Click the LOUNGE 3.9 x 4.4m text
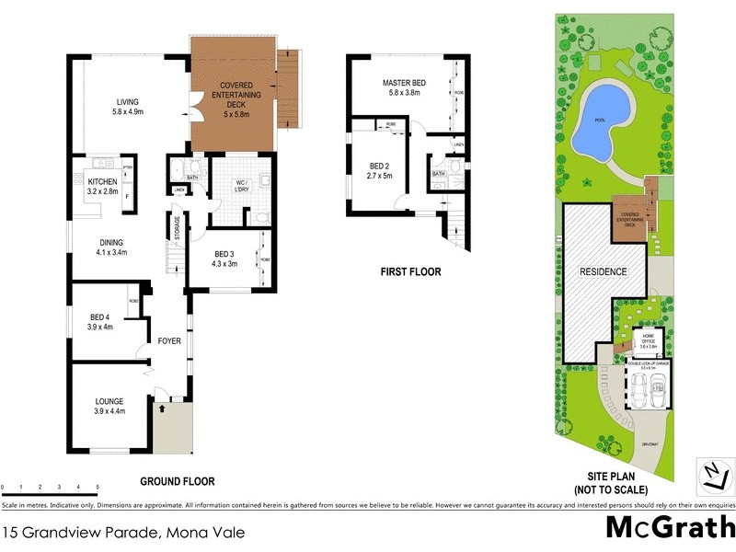coord(109,405)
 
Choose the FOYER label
coord(169,341)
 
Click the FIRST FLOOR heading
coord(410,272)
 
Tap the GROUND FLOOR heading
coord(178,481)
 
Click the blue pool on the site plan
coord(602,118)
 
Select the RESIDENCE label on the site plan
coord(603,272)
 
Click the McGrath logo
coord(669,529)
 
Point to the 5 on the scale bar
coord(98,486)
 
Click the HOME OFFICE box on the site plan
coord(649,340)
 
